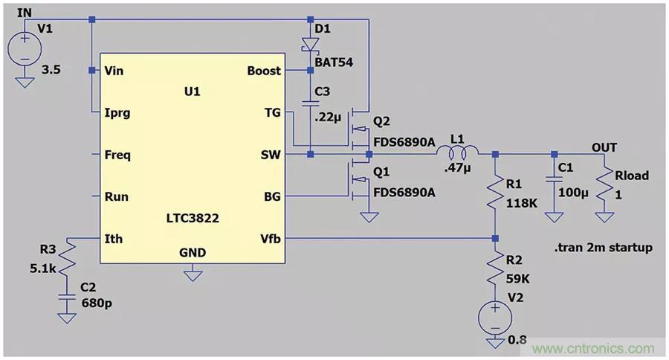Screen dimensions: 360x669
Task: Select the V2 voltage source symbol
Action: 496,319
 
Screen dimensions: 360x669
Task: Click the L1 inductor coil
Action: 456,152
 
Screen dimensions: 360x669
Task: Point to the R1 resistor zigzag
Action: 496,193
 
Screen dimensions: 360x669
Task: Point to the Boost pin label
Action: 264,71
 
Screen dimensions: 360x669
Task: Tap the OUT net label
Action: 604,147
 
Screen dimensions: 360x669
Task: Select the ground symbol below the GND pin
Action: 193,275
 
